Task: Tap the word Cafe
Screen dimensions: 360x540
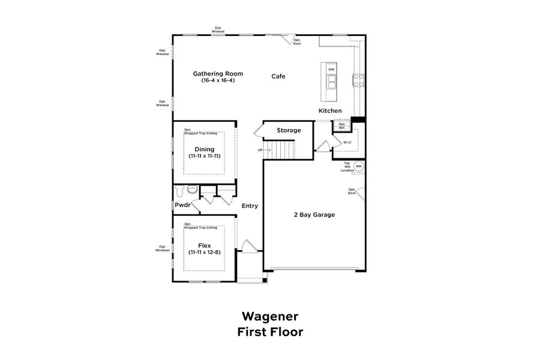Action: [278, 76]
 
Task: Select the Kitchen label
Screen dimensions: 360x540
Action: [330, 111]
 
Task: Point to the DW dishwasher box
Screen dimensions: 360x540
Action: [331, 70]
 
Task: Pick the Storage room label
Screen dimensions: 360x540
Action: [289, 130]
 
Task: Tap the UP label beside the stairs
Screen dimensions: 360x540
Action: [260, 150]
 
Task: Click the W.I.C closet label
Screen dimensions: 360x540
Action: [347, 142]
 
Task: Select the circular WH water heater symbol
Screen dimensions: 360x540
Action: [359, 166]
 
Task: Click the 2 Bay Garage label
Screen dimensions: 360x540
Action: [314, 214]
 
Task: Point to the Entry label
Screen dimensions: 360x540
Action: [250, 206]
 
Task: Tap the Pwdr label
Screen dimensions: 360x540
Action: [182, 205]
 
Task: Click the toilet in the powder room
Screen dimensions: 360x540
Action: [191, 189]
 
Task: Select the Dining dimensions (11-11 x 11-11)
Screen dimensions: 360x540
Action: [204, 156]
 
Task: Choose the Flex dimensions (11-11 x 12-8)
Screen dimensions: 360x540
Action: [204, 252]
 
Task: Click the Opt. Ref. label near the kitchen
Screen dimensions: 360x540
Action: [342, 126]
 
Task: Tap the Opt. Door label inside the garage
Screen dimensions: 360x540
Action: [352, 191]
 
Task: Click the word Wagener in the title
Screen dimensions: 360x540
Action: [269, 316]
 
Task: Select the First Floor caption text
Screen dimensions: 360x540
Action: [269, 332]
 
